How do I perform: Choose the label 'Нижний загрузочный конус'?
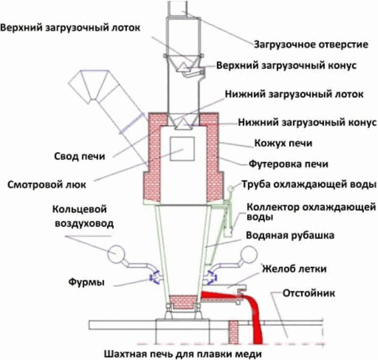(x=307, y=123)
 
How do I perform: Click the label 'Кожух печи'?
(x=283, y=143)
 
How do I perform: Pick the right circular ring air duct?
(x=249, y=256)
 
